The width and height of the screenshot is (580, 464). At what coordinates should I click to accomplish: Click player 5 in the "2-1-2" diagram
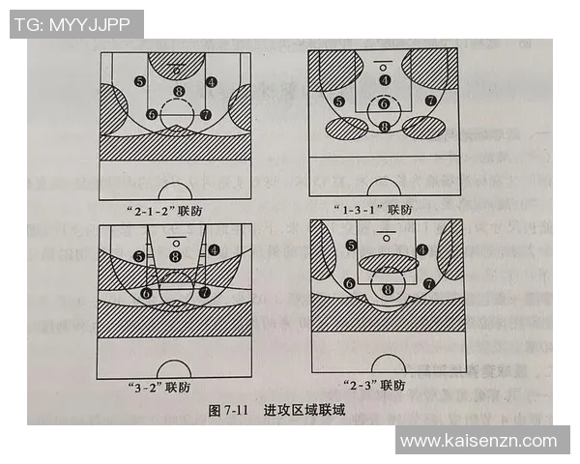tap(141, 82)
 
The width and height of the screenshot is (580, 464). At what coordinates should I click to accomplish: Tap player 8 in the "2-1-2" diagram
tap(177, 92)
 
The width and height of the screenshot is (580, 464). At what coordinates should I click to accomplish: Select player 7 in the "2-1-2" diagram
tap(206, 114)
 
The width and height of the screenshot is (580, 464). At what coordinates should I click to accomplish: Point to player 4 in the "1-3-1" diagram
tap(385, 80)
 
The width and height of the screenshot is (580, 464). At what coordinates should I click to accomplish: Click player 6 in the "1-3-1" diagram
tap(384, 103)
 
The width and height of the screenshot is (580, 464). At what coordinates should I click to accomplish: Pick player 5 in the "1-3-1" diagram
tap(339, 101)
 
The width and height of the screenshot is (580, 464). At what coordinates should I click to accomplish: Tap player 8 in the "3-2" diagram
tap(175, 255)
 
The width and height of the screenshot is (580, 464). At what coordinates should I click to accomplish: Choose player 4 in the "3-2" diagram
tap(213, 249)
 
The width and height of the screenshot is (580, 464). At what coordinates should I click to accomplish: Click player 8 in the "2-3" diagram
tap(389, 288)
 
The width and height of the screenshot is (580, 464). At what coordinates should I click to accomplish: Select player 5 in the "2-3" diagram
tap(352, 246)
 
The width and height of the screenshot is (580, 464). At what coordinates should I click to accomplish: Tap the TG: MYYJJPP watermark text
tap(72, 24)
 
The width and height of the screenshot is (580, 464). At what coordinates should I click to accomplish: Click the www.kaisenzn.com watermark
tap(478, 441)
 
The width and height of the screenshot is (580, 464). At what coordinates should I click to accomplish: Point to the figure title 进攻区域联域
tap(304, 411)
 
